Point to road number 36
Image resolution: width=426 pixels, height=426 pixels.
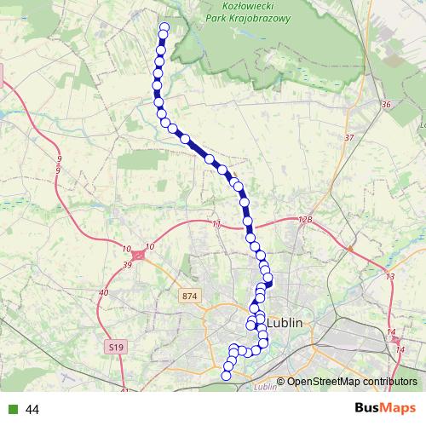point(386,105)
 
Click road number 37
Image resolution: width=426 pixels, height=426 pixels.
point(348,138)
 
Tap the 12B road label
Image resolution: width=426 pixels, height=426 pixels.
point(306,220)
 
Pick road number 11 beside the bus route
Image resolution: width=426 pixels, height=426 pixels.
point(216,223)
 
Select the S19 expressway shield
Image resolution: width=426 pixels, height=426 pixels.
point(116,347)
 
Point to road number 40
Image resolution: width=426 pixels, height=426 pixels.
point(104,293)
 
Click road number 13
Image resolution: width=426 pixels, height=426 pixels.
point(389,278)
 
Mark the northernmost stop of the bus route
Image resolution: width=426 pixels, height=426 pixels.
point(164,26)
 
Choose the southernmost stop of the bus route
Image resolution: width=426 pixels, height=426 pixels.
point(227,375)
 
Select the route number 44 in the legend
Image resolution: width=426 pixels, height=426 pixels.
point(33,410)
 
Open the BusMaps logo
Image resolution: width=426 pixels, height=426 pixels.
point(385,408)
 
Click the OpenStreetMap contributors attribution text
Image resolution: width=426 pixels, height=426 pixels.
point(352,382)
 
